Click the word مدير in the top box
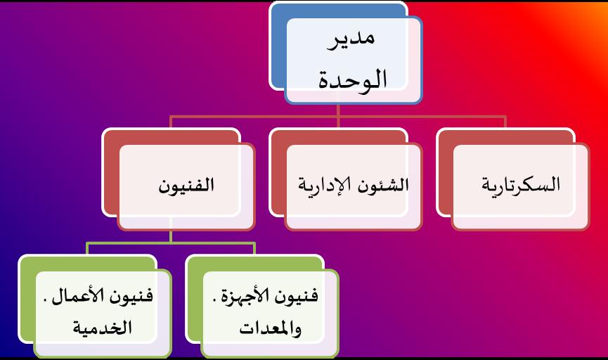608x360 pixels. click(x=351, y=39)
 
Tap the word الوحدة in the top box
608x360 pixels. click(x=353, y=80)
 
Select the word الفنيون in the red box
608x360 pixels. click(x=186, y=185)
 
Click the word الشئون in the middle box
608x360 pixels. click(x=383, y=185)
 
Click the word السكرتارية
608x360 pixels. click(x=521, y=185)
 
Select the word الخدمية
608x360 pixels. click(x=103, y=328)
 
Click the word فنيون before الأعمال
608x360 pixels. click(x=131, y=297)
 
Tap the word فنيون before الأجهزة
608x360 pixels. click(x=296, y=297)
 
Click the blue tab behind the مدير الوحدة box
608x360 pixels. click(x=278, y=46)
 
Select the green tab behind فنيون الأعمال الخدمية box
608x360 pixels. click(x=27, y=299)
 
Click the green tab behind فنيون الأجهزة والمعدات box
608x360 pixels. click(x=194, y=299)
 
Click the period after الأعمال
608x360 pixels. click(x=46, y=300)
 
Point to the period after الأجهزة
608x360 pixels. click(x=214, y=300)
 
